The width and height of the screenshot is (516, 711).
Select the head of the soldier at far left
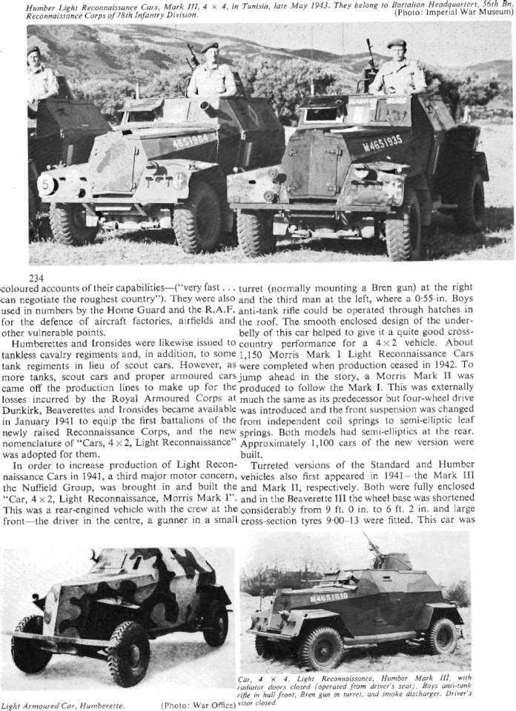[x=34, y=56]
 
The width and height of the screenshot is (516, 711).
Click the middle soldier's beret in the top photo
[x=210, y=47]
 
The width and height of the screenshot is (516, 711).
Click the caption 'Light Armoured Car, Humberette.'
[x=62, y=704]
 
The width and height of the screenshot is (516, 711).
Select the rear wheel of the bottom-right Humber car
[x=443, y=635]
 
